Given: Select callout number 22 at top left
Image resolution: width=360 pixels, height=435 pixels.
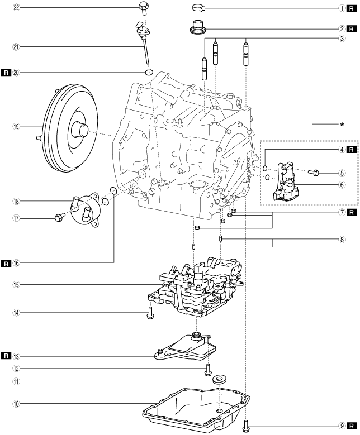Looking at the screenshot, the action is tap(16, 7).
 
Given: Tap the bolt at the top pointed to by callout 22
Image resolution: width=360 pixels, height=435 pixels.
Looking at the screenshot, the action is tap(143, 8).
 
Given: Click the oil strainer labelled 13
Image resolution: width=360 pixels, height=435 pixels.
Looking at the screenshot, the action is tap(186, 347).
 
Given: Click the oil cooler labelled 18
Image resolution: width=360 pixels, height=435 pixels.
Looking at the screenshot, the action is tap(84, 211).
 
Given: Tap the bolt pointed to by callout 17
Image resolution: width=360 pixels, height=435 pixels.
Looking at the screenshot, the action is tap(60, 217).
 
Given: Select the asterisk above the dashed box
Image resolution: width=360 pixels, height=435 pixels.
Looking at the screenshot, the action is tap(342, 125).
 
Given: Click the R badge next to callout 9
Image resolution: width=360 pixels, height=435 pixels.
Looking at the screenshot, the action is tap(351, 426).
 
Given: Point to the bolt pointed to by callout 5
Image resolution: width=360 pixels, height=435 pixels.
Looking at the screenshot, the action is tap(314, 173).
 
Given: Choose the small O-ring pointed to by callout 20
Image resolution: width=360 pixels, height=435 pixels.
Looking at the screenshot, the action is tap(149, 73).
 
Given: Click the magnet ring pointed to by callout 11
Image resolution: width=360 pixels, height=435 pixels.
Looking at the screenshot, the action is tap(220, 379).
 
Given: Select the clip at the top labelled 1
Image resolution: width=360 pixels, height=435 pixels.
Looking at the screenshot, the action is tap(198, 7).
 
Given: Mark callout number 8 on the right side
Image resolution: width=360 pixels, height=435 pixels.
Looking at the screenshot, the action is tap(342, 239).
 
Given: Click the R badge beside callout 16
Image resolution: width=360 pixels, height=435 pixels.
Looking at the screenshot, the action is tap(6, 263).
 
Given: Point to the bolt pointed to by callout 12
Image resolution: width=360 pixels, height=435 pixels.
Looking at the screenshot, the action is tap(208, 370).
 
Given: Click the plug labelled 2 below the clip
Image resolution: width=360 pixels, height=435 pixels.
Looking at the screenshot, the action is tap(198, 27).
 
